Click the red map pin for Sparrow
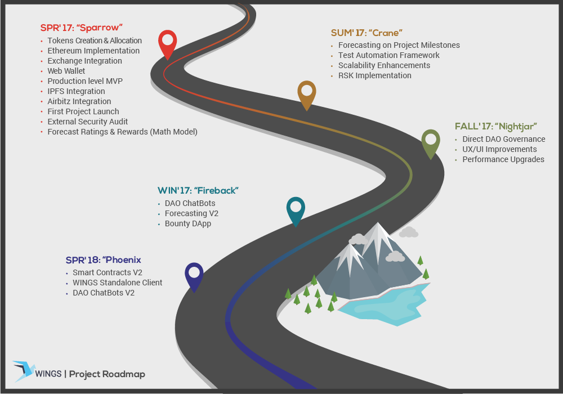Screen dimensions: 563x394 click(167, 45)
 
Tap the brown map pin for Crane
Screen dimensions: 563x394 click(307, 96)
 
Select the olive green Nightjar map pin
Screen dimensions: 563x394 click(431, 144)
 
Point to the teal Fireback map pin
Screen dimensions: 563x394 click(296, 212)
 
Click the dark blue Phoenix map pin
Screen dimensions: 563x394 click(194, 277)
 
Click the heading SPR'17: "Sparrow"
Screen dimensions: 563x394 click(82, 28)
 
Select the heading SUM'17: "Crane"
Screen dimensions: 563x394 click(367, 33)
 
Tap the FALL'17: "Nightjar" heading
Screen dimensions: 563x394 click(496, 127)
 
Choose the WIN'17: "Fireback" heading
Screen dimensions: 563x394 click(198, 191)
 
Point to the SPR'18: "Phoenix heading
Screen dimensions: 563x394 click(104, 260)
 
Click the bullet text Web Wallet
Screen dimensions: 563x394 click(66, 71)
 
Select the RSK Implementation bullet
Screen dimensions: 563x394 click(375, 76)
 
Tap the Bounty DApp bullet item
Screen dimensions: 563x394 click(188, 223)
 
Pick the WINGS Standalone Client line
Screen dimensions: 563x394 click(118, 283)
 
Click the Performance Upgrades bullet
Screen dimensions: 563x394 click(503, 159)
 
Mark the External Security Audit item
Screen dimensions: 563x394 click(88, 122)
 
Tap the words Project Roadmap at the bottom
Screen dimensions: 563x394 click(107, 374)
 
